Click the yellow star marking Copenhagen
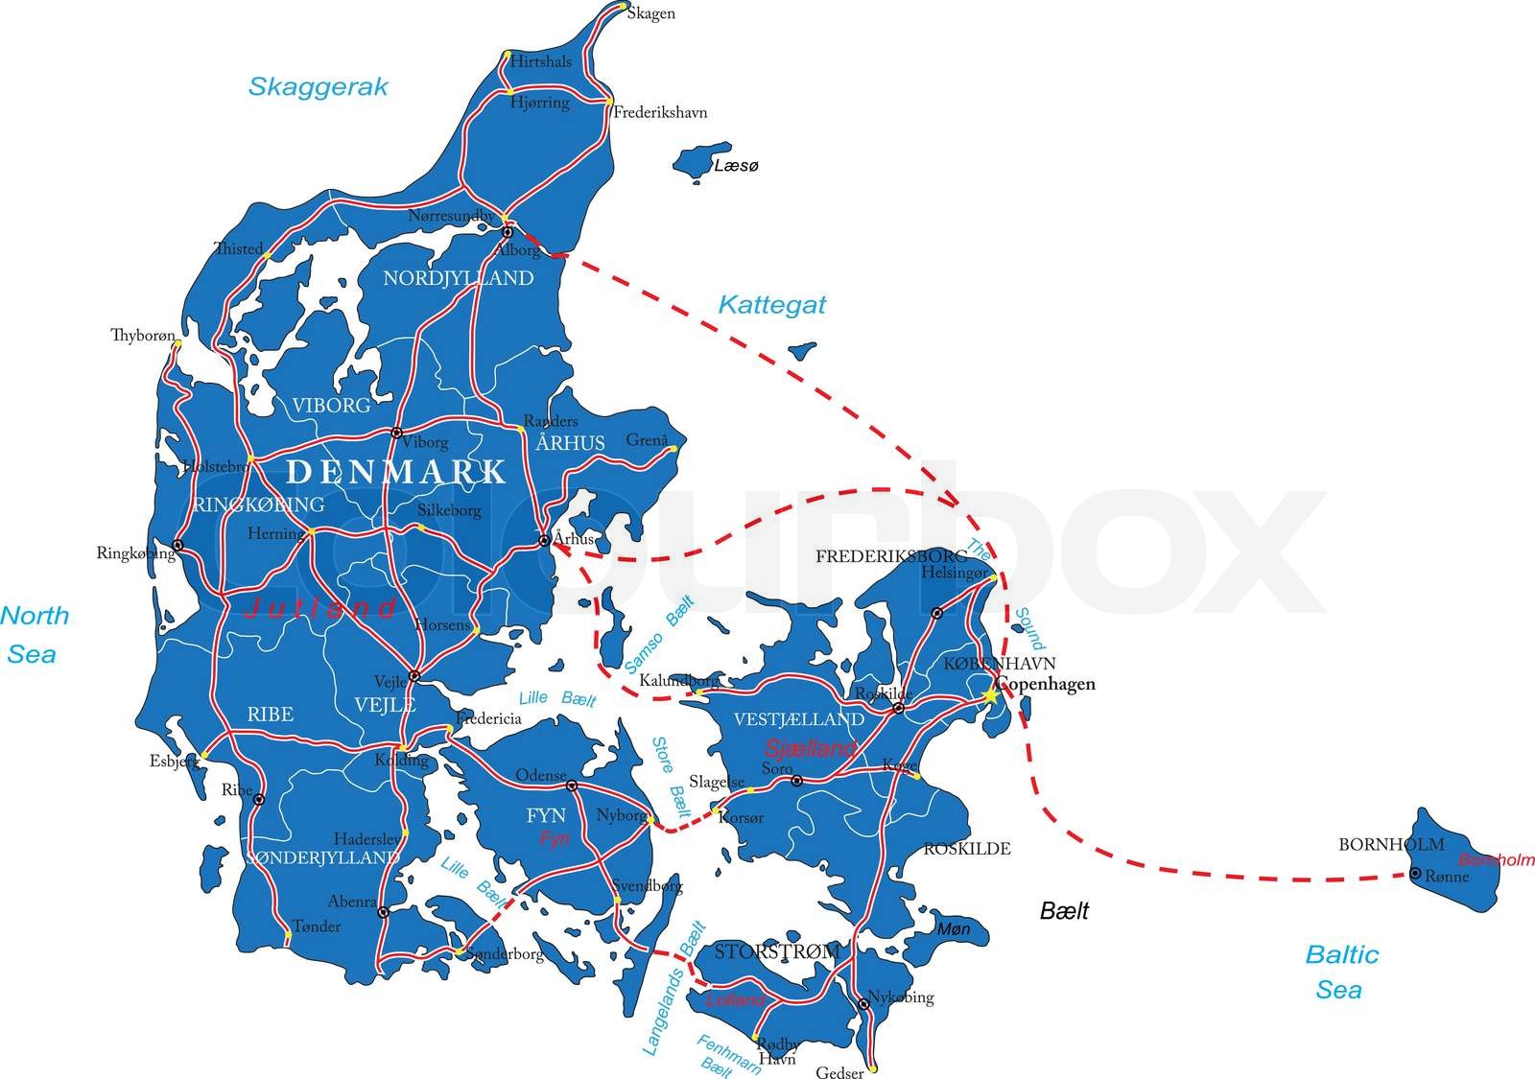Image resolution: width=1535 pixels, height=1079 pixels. pos(989,696)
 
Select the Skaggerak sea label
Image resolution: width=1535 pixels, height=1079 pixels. pos(318,86)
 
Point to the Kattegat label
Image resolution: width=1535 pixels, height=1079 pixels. pos(771,305)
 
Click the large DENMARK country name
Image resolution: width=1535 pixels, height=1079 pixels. pos(396,471)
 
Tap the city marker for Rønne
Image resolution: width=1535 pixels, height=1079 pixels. pos(1415,873)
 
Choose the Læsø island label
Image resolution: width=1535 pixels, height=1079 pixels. pos(736,166)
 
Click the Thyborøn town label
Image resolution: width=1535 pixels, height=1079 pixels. pos(143,336)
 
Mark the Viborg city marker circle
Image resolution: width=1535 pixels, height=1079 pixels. pos(396,433)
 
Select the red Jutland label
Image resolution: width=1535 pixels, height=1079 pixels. pos(320,607)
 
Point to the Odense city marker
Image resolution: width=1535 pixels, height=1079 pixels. pos(572,786)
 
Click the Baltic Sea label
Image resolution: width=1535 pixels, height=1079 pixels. pos(1340,972)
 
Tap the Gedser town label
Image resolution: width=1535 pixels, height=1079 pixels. pos(839,1073)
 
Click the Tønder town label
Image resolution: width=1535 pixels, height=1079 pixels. pos(316,927)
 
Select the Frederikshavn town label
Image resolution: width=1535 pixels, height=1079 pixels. pos(660,113)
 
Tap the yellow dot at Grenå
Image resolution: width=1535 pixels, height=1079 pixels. pos(673,448)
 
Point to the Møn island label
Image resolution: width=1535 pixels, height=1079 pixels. pos(953,928)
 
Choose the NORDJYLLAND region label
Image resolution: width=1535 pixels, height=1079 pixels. pos(458,278)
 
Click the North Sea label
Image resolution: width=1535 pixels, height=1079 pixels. pos(34,634)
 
